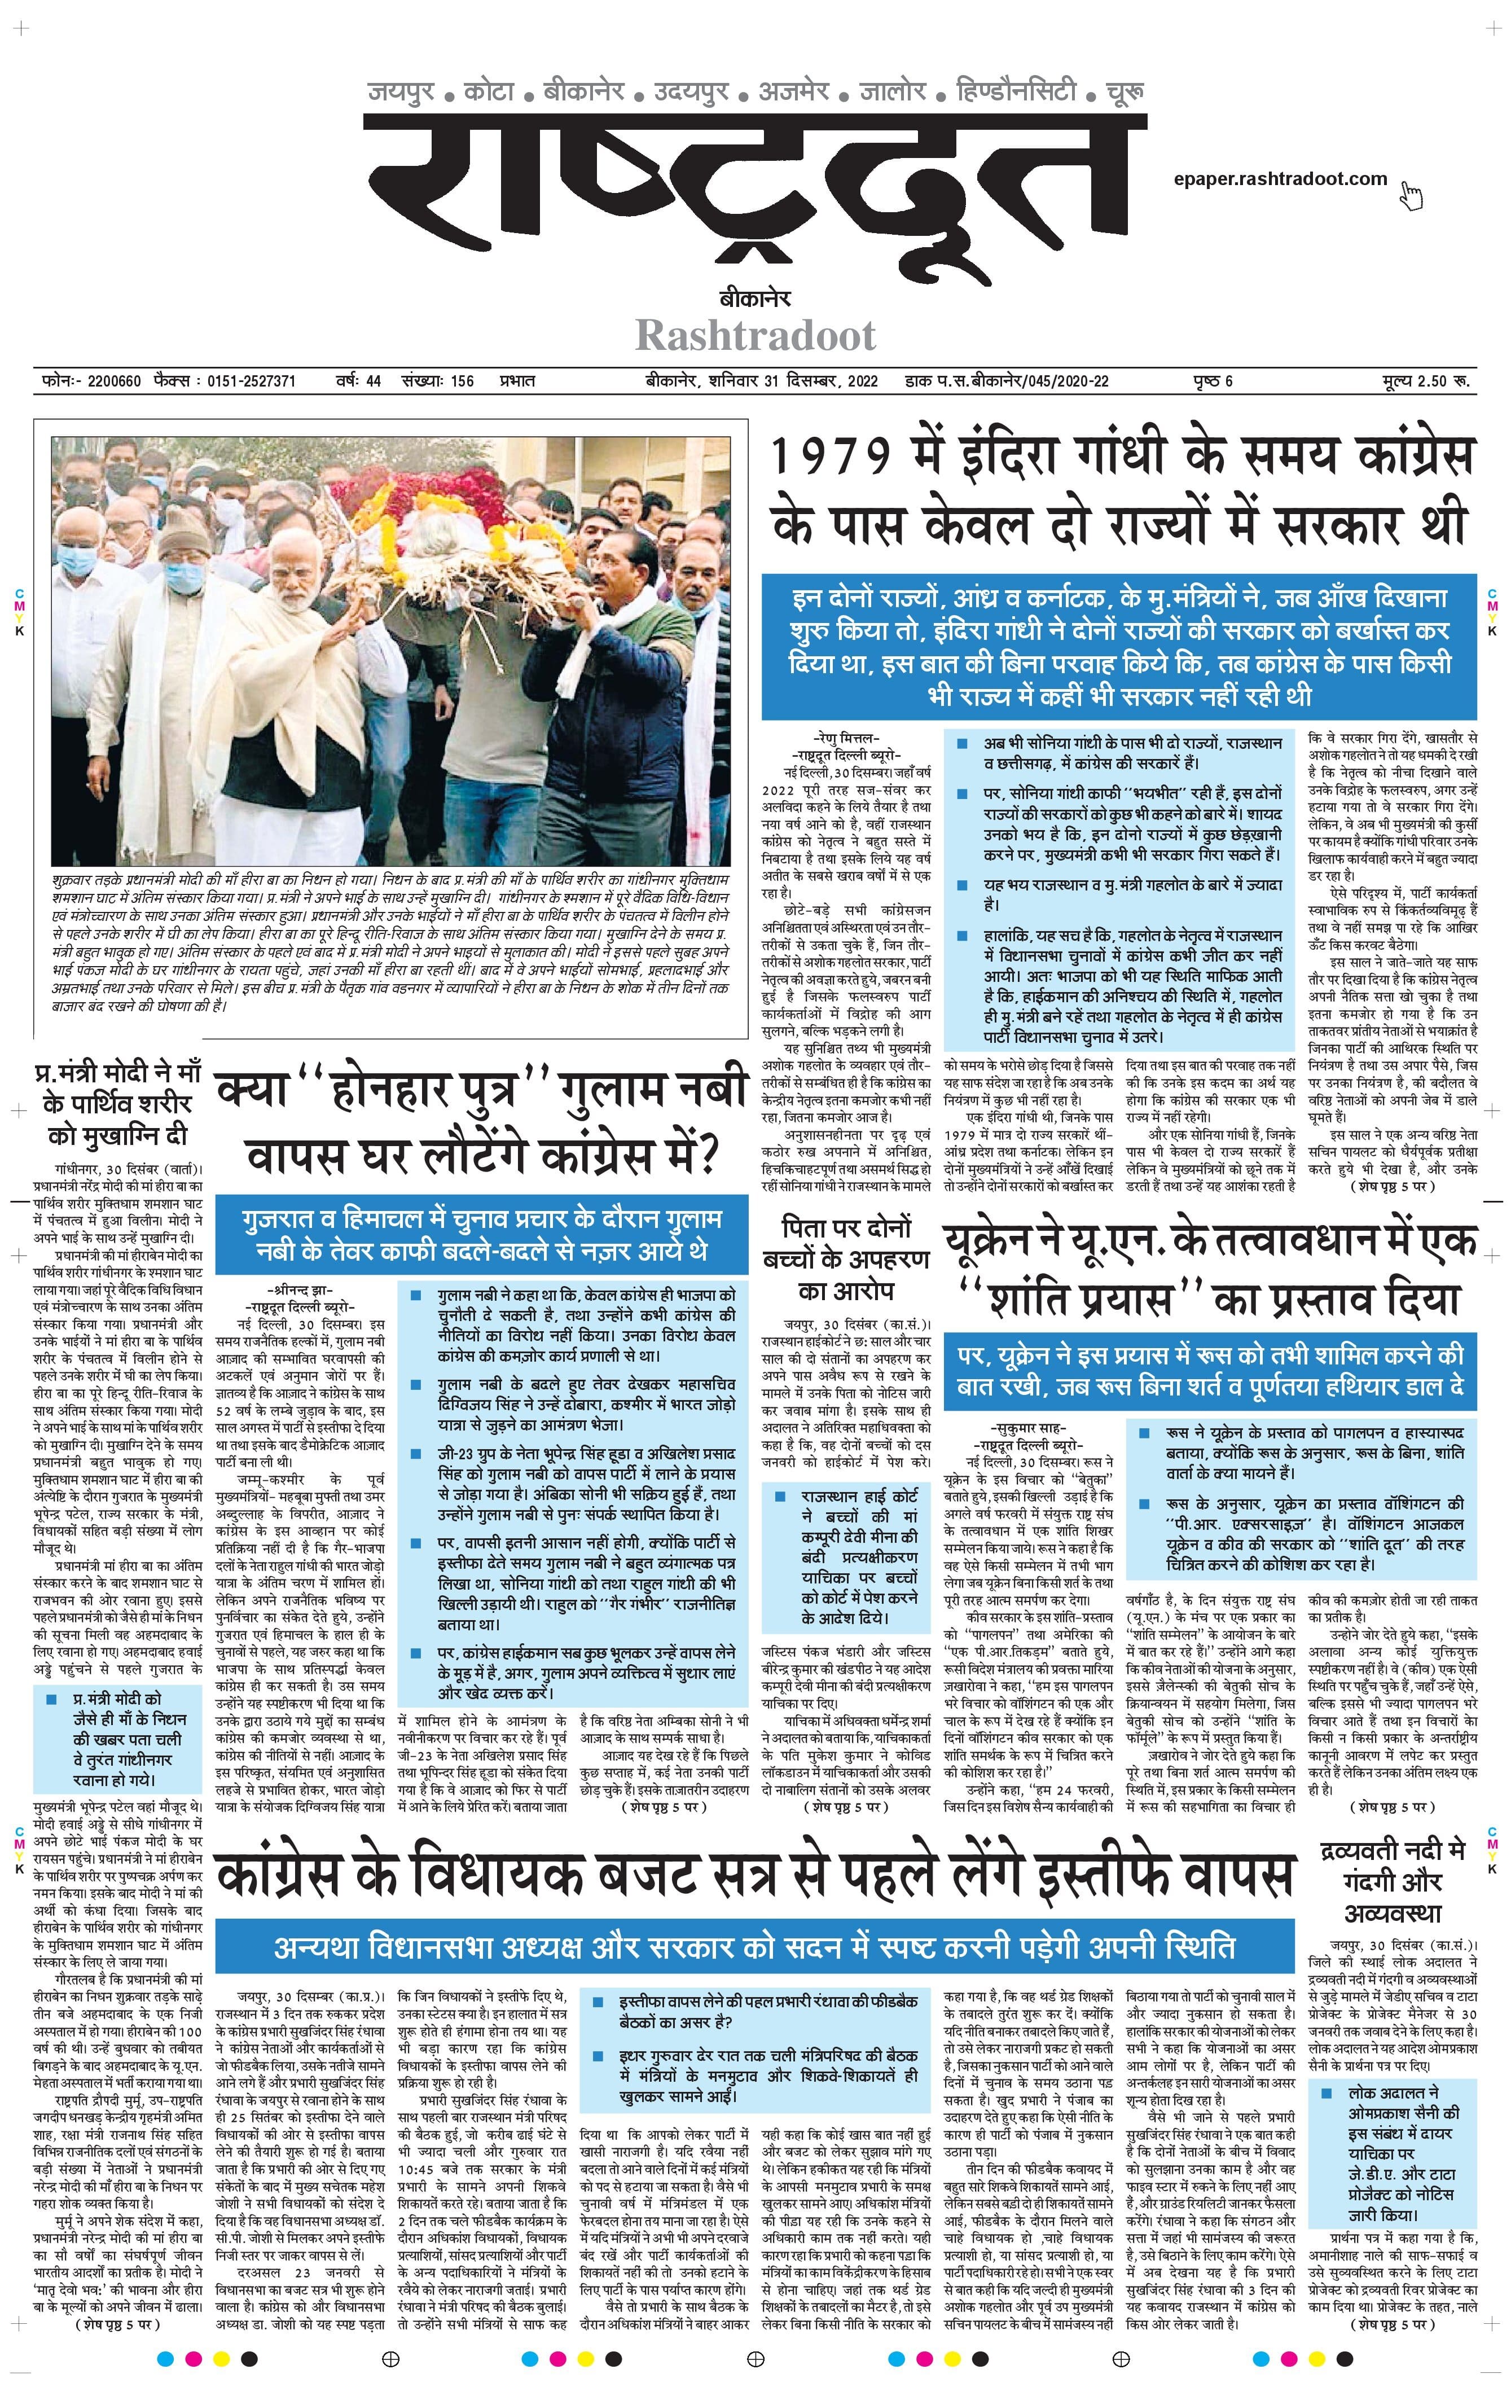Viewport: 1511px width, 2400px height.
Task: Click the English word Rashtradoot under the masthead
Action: [755, 336]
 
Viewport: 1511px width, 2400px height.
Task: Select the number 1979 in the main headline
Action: [835, 458]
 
